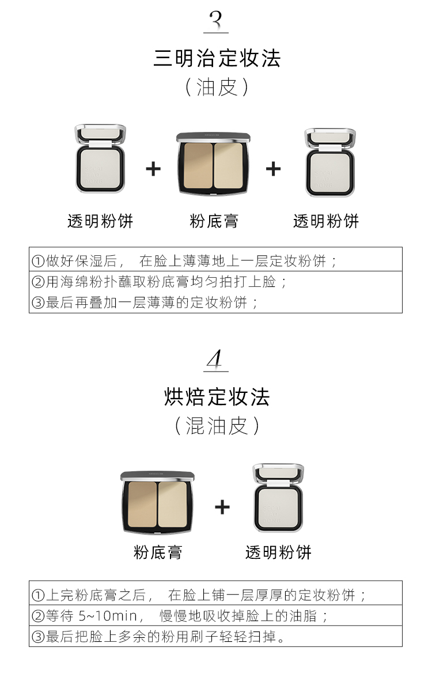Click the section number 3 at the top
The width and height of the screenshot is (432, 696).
coord(216,21)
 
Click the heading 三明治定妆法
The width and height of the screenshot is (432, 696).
coord(217,58)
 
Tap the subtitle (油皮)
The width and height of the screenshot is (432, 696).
coord(217,87)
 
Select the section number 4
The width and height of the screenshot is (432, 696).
coord(215,359)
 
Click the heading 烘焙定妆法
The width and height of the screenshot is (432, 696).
coord(217,397)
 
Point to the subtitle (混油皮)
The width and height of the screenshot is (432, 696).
coord(217,425)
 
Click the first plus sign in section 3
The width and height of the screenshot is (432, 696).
coord(153,169)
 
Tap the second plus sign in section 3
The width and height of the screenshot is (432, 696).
coord(273,169)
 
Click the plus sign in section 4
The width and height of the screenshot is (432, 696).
coord(222,508)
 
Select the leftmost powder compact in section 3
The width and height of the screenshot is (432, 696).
coord(100,158)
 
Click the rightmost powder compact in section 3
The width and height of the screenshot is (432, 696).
coord(330,162)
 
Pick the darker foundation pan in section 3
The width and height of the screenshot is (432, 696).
coord(198,165)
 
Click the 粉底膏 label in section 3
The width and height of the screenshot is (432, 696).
coord(214,221)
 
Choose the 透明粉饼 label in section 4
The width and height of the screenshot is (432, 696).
coord(278,552)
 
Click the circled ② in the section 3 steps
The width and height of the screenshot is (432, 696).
coord(38,282)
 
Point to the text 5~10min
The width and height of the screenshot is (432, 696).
coord(108,615)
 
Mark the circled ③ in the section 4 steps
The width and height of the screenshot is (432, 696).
coord(38,637)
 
